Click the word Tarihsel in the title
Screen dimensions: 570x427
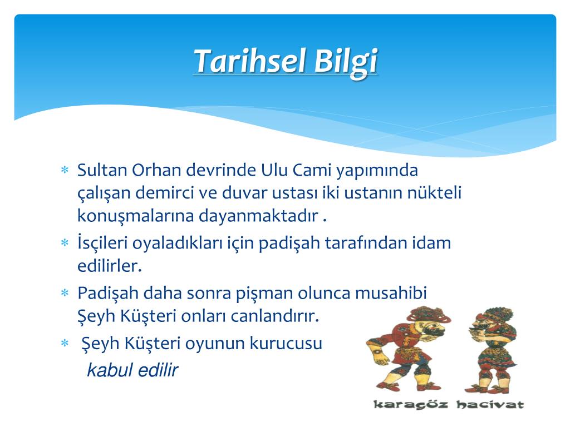(x=249, y=61)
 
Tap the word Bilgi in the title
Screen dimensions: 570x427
(x=346, y=62)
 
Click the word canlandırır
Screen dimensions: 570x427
(x=275, y=316)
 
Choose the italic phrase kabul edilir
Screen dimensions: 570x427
(x=132, y=370)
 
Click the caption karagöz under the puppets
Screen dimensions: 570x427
(x=410, y=405)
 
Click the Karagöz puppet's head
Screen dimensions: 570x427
(x=429, y=321)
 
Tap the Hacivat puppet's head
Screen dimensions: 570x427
(x=489, y=321)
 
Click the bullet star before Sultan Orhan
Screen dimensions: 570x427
(x=65, y=170)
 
